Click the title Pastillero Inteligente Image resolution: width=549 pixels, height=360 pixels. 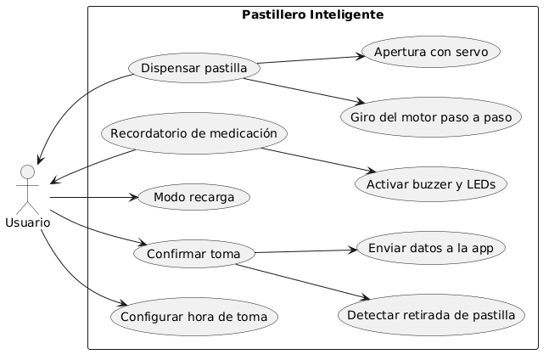tap(312, 14)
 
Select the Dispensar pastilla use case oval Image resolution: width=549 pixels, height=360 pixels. tap(194, 68)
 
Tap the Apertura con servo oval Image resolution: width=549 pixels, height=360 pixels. tap(431, 52)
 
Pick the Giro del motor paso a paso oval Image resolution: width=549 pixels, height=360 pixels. tap(431, 117)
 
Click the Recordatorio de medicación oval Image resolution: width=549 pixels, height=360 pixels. tap(194, 133)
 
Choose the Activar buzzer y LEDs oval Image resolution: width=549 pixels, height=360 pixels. tap(431, 184)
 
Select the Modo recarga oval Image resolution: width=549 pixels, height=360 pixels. tap(194, 197)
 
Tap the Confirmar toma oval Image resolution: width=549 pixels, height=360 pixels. tap(194, 254)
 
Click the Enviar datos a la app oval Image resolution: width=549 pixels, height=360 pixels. tap(431, 248)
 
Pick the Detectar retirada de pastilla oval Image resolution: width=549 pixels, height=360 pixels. tap(431, 315)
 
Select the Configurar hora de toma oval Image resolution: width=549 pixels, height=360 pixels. tap(194, 317)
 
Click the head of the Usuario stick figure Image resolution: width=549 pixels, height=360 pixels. tap(28, 172)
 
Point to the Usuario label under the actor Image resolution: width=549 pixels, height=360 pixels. tap(28, 222)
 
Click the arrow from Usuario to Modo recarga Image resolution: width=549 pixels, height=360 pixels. tap(94, 198)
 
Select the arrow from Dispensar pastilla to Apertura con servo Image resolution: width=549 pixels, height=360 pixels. tap(311, 59)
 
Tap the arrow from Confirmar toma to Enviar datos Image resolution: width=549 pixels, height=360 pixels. tap(306, 251)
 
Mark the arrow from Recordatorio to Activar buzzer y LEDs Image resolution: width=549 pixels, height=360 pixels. tap(318, 160)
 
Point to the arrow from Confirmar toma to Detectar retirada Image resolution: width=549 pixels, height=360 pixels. tap(303, 282)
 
